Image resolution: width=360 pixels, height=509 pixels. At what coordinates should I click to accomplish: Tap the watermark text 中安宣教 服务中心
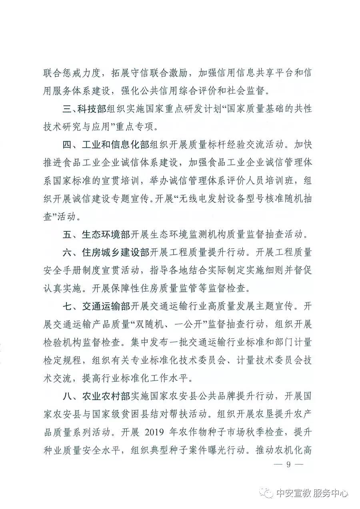[312, 493]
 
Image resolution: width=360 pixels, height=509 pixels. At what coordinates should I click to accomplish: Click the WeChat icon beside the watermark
[268, 493]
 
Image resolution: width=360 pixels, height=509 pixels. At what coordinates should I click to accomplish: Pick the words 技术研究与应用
[77, 127]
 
